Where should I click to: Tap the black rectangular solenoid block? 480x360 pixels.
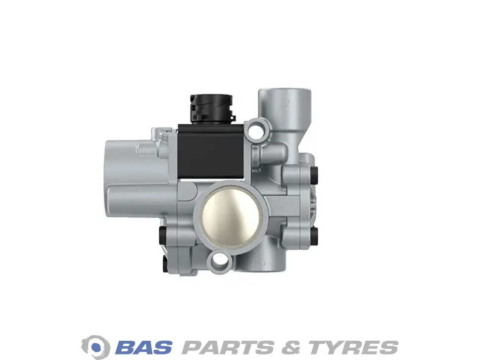(211, 152)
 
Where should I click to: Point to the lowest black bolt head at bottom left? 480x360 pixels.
(164, 264)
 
